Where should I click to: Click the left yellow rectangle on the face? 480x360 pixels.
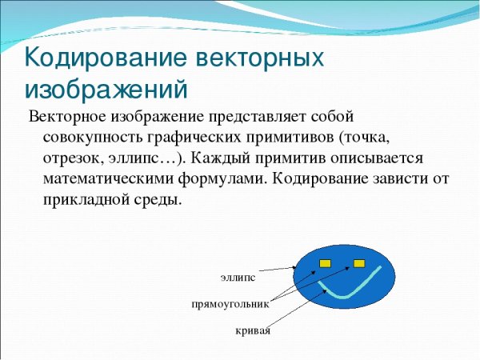tap(325, 262)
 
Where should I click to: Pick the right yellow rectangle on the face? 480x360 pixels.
tap(358, 262)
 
